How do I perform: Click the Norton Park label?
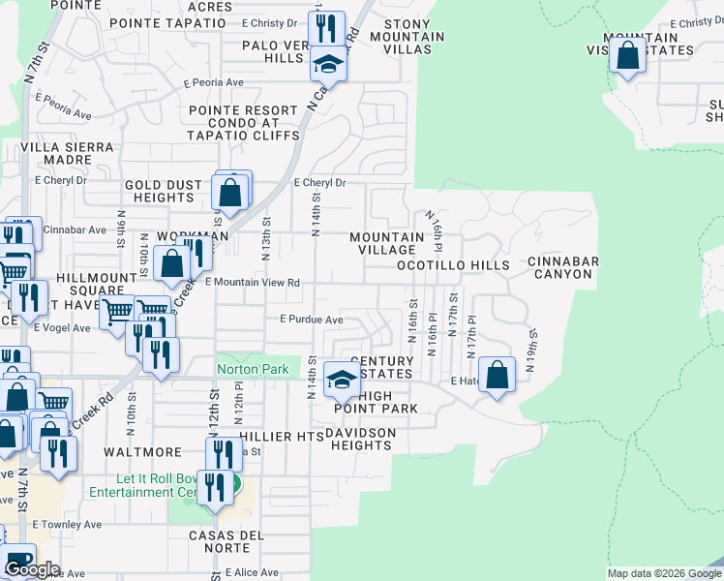(x=253, y=369)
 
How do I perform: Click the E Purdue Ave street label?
(x=312, y=320)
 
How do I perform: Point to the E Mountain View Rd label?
(x=253, y=283)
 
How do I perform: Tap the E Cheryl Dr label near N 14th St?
(x=319, y=182)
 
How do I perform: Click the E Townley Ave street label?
(x=67, y=524)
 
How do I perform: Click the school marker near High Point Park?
(x=342, y=379)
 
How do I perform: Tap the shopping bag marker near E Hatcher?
(x=498, y=375)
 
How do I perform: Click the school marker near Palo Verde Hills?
(x=328, y=65)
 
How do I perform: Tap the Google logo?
(x=32, y=569)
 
